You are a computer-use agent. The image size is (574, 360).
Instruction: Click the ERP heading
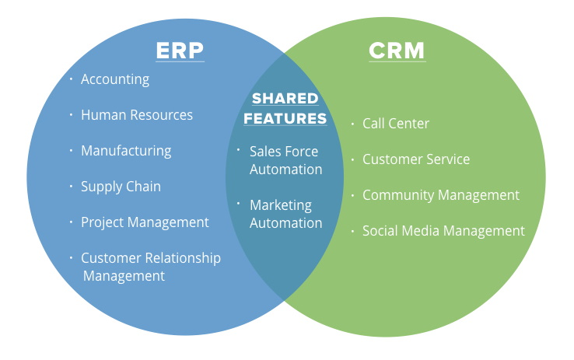click(180, 51)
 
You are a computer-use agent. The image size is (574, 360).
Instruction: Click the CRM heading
click(397, 51)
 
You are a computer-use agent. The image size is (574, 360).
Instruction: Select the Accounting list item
click(115, 79)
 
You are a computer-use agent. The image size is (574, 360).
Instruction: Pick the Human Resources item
click(137, 115)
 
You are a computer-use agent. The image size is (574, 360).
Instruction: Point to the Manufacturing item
click(126, 151)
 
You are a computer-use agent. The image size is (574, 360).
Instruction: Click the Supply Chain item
click(121, 187)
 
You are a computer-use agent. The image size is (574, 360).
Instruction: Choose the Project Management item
click(145, 222)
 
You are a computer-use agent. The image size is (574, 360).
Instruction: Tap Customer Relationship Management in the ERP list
click(150, 267)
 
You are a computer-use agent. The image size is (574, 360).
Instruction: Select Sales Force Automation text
click(285, 160)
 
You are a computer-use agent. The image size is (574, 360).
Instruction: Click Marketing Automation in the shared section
click(285, 214)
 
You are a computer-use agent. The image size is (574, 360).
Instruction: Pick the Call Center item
click(396, 124)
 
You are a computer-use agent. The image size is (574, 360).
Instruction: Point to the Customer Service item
click(416, 159)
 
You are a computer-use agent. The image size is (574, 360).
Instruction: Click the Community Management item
click(440, 195)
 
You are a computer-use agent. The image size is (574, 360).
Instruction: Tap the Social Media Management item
click(443, 231)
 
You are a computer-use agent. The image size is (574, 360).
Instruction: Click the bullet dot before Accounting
click(71, 79)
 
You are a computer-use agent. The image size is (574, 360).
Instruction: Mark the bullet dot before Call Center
click(352, 123)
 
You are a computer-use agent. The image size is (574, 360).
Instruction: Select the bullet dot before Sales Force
click(239, 150)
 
